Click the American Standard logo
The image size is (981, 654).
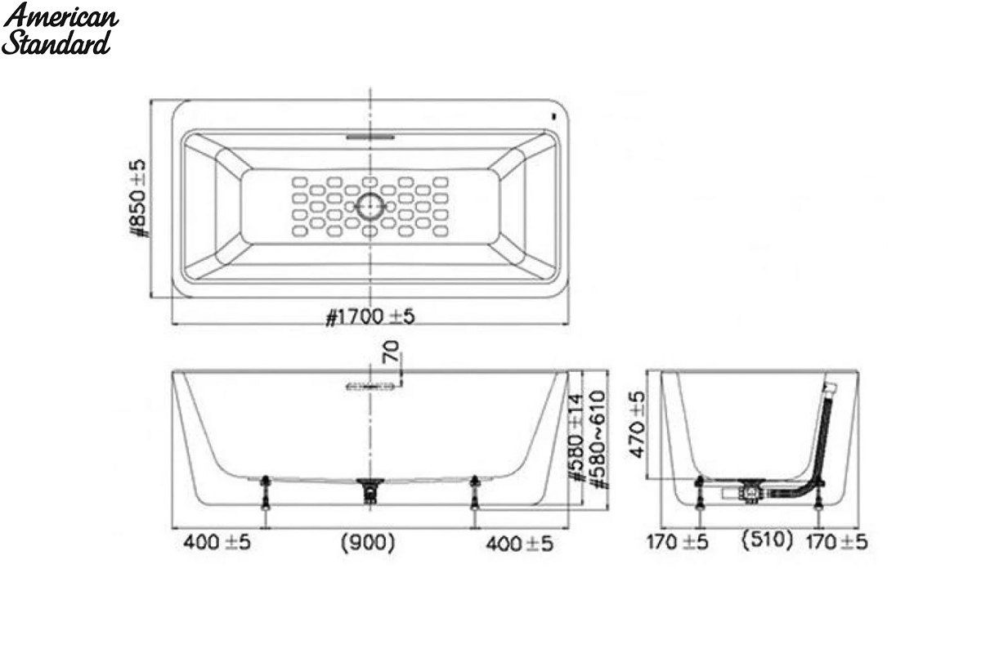click(60, 29)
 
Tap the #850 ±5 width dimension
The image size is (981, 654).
click(138, 199)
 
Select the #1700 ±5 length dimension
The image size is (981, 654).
click(370, 316)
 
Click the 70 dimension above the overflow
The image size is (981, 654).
click(391, 352)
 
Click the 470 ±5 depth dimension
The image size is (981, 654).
click(637, 424)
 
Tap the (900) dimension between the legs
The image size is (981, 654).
click(368, 543)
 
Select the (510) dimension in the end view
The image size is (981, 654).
click(767, 540)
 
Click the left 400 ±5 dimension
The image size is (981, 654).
click(217, 543)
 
